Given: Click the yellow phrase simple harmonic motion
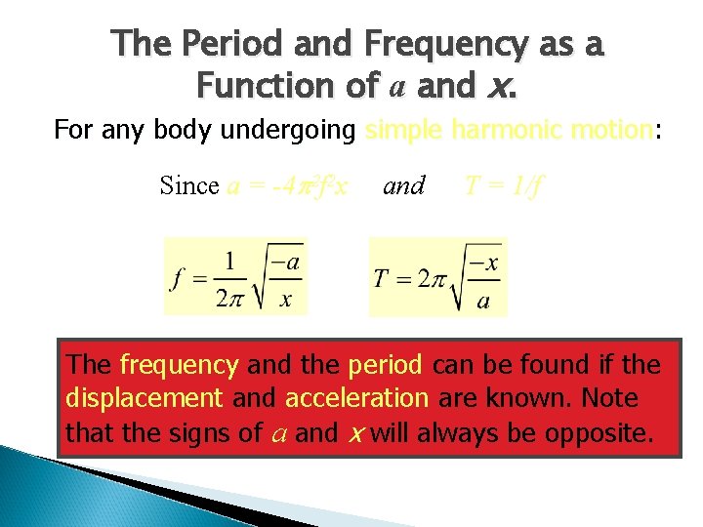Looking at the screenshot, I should click(507, 130).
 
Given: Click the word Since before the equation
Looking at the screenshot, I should click(189, 185).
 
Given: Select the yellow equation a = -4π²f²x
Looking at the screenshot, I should click(287, 185).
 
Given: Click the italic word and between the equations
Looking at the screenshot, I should click(404, 185).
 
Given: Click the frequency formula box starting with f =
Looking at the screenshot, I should click(235, 276).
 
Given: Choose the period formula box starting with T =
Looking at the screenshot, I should click(436, 277).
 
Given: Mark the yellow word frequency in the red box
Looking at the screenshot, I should click(179, 366).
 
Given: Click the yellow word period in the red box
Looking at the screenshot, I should click(384, 366).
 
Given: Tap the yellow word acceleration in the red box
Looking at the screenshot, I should click(356, 399).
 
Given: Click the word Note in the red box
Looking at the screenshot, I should click(610, 399).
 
